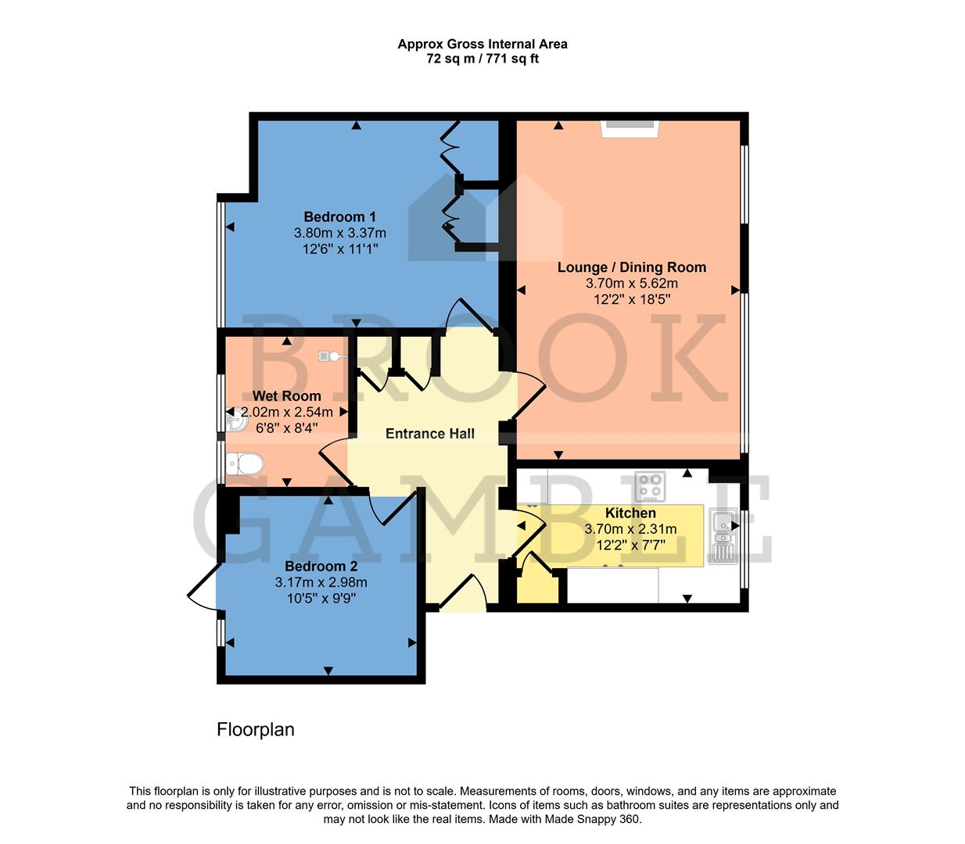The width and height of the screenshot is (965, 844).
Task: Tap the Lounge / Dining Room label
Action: pyautogui.click(x=631, y=267)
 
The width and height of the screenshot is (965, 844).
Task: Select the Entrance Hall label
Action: pyautogui.click(x=429, y=434)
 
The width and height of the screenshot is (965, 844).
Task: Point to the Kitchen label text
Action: pyautogui.click(x=630, y=513)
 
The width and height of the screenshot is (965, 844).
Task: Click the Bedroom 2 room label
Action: pyautogui.click(x=321, y=566)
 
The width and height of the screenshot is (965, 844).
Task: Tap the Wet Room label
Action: pyautogui.click(x=286, y=396)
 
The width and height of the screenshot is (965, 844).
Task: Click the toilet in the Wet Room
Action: pyautogui.click(x=243, y=465)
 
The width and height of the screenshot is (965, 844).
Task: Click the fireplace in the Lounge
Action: pyautogui.click(x=630, y=129)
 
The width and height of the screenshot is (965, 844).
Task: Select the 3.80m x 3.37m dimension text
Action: pyautogui.click(x=339, y=233)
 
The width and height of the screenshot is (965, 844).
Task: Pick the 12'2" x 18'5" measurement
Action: pyautogui.click(x=631, y=299)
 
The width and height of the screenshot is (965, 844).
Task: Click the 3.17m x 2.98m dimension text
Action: pyautogui.click(x=321, y=582)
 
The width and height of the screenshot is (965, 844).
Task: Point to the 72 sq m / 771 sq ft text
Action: pyautogui.click(x=482, y=59)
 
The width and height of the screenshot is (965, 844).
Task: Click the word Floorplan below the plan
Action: pyautogui.click(x=255, y=730)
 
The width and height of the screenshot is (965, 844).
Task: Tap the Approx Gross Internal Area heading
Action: pyautogui.click(x=482, y=44)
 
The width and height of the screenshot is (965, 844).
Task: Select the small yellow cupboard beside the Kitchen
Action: pyautogui.click(x=540, y=585)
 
